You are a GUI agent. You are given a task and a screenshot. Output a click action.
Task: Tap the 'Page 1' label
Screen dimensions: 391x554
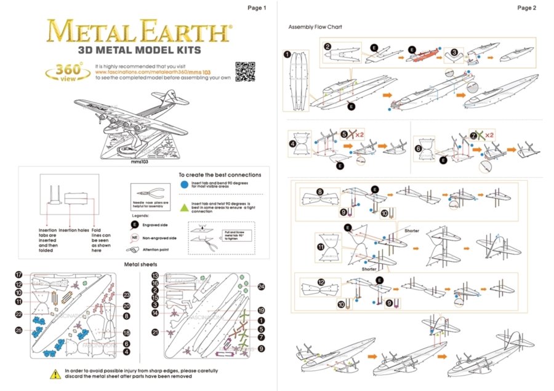(257, 8)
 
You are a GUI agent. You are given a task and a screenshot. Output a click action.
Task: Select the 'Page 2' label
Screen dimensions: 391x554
(527, 8)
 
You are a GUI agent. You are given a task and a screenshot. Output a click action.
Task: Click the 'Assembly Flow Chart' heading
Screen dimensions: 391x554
(315, 27)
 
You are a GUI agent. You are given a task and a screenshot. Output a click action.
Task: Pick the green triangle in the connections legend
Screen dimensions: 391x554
(185, 205)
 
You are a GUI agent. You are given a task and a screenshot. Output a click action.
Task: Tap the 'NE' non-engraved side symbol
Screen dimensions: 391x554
(134, 237)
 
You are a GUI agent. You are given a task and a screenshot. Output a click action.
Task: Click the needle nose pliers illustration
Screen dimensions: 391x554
(145, 191)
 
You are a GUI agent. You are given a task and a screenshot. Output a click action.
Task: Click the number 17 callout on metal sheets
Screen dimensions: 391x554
(19, 275)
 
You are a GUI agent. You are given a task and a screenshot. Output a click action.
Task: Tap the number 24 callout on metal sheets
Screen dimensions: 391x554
(261, 286)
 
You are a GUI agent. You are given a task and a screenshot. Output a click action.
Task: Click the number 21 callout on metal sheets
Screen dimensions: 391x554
(155, 333)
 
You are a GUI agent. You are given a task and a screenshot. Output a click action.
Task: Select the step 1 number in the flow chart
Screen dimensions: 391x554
(287, 54)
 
